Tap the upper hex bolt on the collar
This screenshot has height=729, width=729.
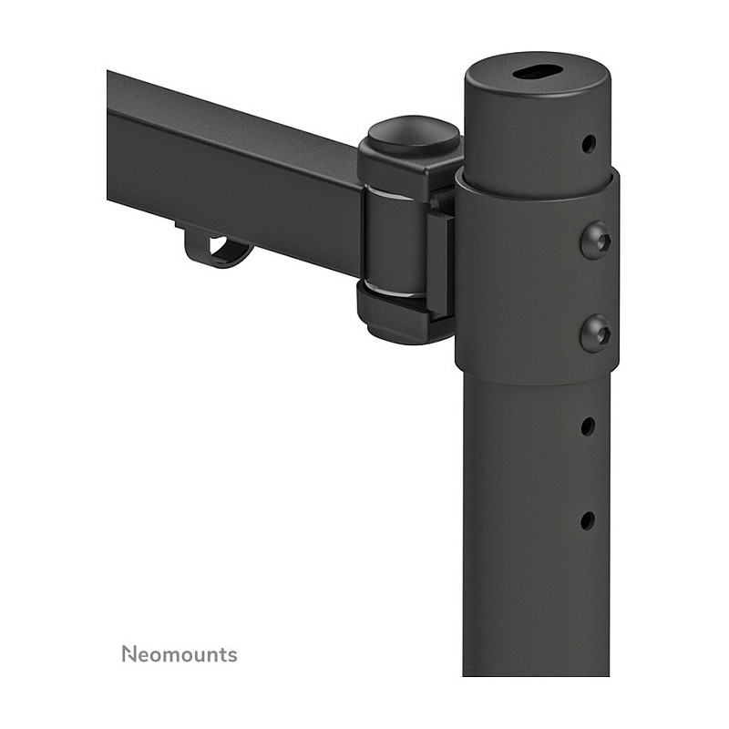[596, 241]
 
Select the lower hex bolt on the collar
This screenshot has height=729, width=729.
[596, 333]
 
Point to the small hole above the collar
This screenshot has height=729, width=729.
[588, 144]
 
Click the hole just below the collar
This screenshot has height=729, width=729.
[588, 426]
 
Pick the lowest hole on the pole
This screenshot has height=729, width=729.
[588, 520]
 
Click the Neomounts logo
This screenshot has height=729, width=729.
[180, 653]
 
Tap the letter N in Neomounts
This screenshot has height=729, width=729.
[129, 653]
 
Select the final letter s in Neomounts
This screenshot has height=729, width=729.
[232, 655]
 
